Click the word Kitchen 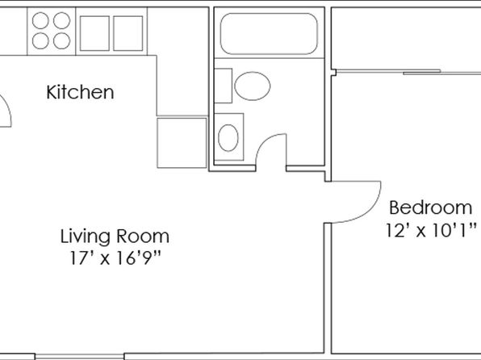coord(80,92)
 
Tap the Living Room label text coord(115,237)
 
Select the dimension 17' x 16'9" coord(115,257)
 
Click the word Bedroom coord(431,207)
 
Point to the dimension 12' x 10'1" coord(431,230)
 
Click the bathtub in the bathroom coord(269,34)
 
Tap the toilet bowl coord(253,86)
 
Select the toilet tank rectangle coord(223,86)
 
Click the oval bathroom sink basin coord(228,138)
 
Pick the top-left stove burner coord(40,20)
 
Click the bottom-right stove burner coord(61,41)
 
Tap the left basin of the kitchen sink coord(94,33)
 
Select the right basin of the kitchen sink coord(128,33)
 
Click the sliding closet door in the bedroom coord(409,73)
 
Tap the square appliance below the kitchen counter coord(182,143)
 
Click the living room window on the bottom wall coord(79,357)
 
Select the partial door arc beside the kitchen coord(8,107)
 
